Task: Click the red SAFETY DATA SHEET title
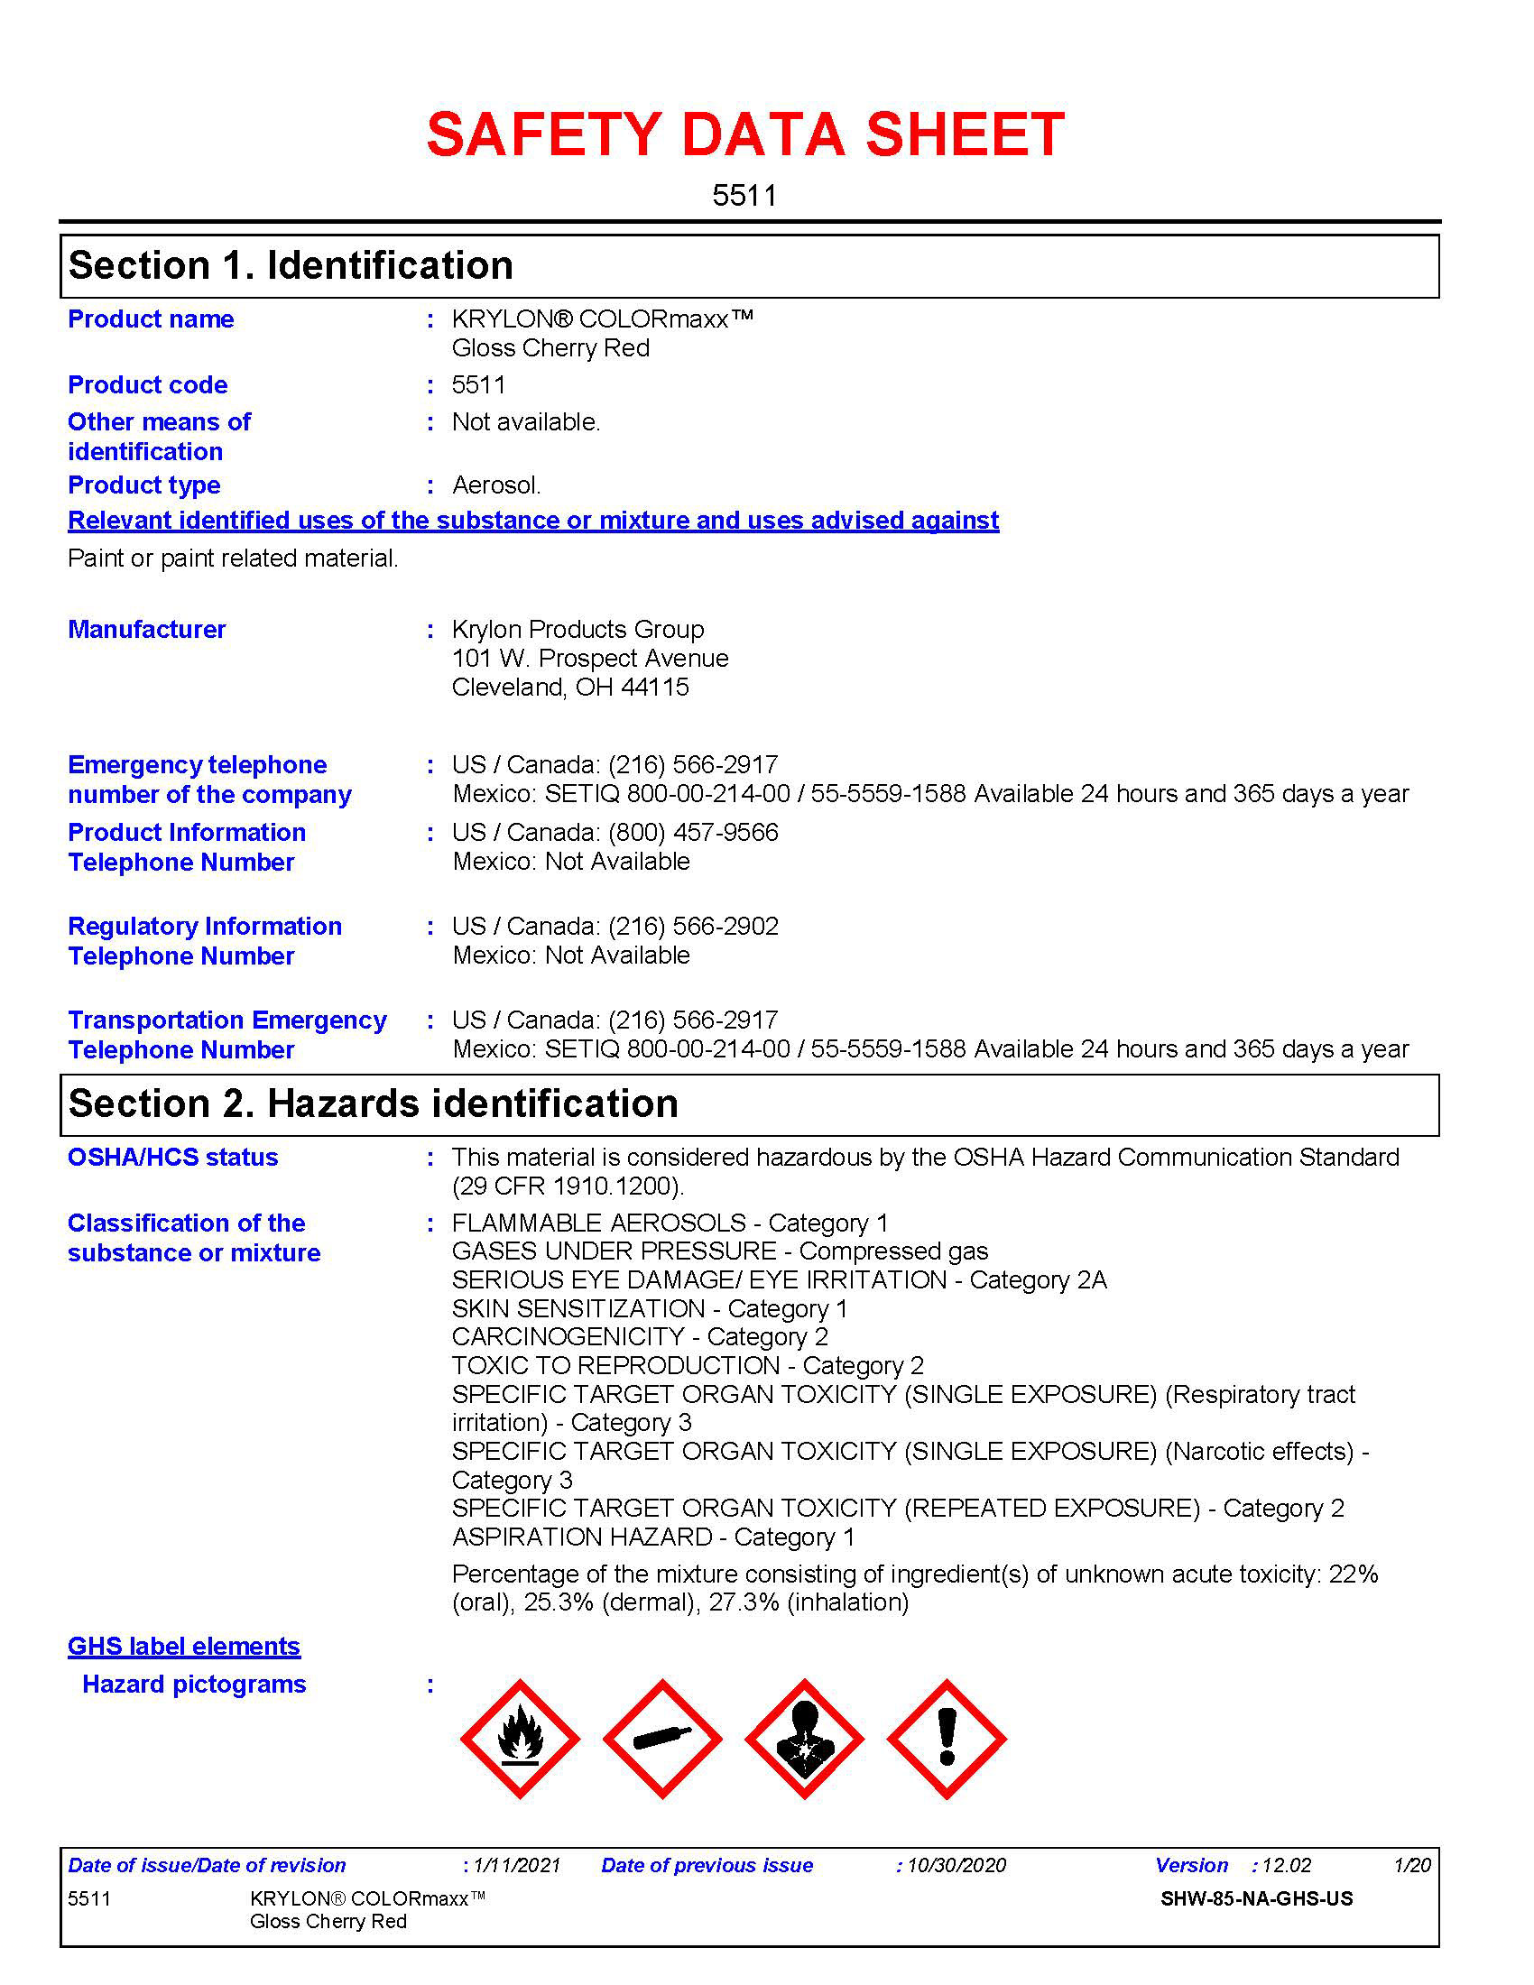pyautogui.click(x=745, y=134)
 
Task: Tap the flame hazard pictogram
pyautogui.click(x=520, y=1738)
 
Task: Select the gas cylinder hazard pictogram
pyautogui.click(x=661, y=1738)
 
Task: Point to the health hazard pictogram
pyautogui.click(x=804, y=1738)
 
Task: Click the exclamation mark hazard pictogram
pyautogui.click(x=946, y=1738)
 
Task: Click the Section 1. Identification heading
pyautogui.click(x=291, y=265)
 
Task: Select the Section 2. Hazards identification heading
pyautogui.click(x=373, y=1103)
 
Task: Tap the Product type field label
pyautogui.click(x=143, y=485)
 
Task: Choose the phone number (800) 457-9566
pyautogui.click(x=692, y=833)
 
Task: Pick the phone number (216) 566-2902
pyautogui.click(x=692, y=926)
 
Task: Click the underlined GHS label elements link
pyautogui.click(x=183, y=1646)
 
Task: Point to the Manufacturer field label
pyautogui.click(x=146, y=629)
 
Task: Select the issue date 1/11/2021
pyautogui.click(x=517, y=1865)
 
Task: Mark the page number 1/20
pyautogui.click(x=1412, y=1865)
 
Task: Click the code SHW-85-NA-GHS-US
pyautogui.click(x=1256, y=1898)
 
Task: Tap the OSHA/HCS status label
pyautogui.click(x=172, y=1157)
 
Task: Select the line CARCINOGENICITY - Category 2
pyautogui.click(x=640, y=1337)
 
